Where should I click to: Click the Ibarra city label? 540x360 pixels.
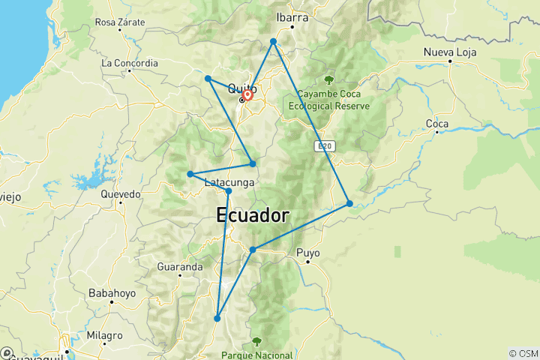(292, 17)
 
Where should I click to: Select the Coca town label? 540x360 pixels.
(436, 123)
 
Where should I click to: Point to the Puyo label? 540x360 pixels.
(307, 253)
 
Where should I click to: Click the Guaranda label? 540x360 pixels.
(180, 266)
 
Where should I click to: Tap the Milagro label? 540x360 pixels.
(103, 335)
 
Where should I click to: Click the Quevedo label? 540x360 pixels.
(120, 193)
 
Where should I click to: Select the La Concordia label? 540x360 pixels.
(130, 63)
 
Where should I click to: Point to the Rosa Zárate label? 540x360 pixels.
(120, 22)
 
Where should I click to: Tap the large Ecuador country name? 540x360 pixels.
(253, 215)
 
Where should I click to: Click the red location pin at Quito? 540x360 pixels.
(247, 95)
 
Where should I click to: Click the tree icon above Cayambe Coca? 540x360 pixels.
(329, 79)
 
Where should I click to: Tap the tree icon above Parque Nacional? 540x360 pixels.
(257, 341)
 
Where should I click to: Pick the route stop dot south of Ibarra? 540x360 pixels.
(274, 41)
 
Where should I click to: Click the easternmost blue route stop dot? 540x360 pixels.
(349, 203)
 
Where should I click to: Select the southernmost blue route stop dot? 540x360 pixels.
(217, 318)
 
